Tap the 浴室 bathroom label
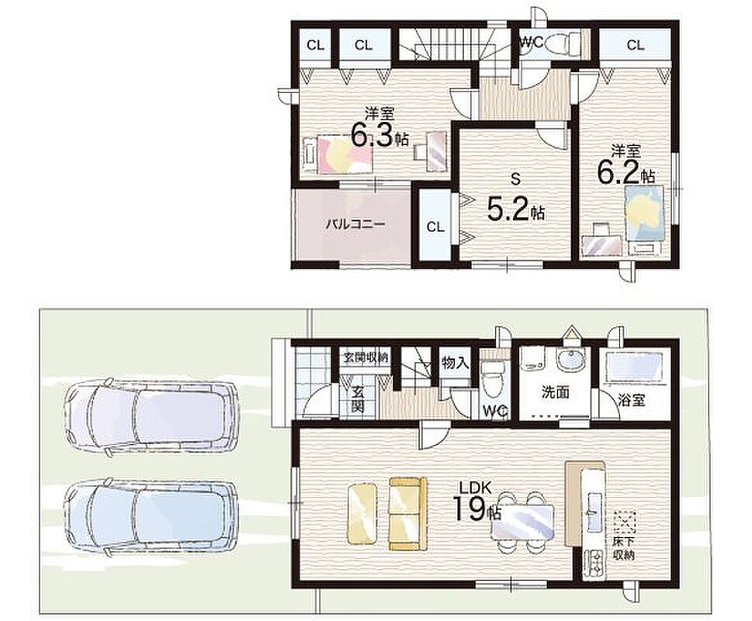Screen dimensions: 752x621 (x=632, y=401)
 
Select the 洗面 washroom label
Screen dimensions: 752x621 (x=556, y=393)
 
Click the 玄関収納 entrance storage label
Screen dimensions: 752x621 (x=365, y=357)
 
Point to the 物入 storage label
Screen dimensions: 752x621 (x=455, y=363)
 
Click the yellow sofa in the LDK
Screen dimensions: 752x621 (x=407, y=514)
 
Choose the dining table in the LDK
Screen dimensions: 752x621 (x=523, y=522)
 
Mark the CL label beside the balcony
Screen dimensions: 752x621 (x=435, y=227)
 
